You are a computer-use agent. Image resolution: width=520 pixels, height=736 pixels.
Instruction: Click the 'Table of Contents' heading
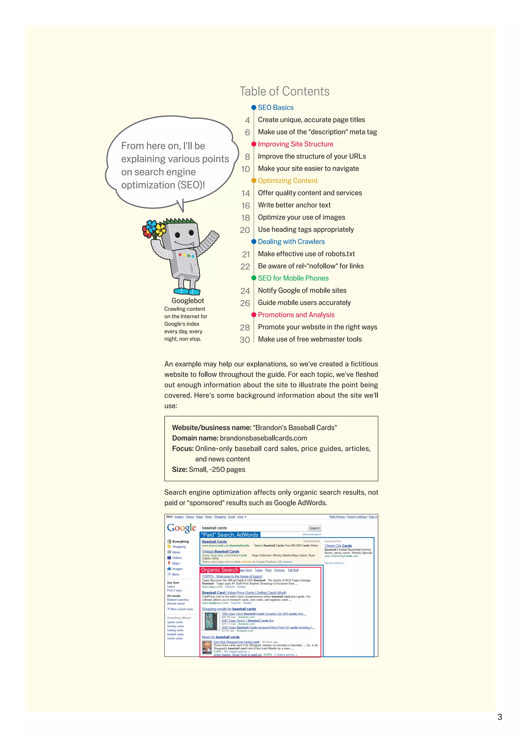284,91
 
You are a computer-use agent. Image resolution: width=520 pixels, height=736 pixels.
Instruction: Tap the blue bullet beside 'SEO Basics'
254,108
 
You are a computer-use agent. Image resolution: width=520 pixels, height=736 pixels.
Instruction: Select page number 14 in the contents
246,193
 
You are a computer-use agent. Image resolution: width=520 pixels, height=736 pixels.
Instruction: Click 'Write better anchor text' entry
294,205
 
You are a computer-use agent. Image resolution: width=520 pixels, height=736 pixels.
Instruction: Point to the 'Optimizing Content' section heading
287,181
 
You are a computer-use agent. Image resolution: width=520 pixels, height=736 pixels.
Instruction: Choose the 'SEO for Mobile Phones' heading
293,278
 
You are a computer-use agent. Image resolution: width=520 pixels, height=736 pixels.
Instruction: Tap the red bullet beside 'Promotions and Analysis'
254,315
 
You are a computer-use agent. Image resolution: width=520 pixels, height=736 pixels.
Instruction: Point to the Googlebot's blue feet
187,291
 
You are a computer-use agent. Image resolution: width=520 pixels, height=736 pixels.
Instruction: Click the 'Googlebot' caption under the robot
188,301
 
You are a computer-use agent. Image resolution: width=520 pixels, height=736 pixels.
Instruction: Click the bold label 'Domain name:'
195,438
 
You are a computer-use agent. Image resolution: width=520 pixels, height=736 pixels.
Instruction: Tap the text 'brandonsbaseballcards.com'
263,438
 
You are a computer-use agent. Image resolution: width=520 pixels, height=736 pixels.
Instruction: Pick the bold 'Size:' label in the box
180,470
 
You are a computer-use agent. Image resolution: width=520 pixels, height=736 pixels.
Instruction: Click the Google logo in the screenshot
181,528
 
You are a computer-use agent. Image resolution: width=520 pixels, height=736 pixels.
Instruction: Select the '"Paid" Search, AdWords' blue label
230,535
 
